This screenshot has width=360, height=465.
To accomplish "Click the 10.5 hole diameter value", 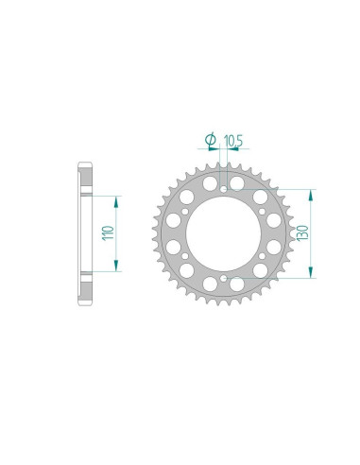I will [x=234, y=140].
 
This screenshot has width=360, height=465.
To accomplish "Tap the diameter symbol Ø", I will [x=211, y=140].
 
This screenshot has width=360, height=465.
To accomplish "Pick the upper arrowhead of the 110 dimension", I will [x=116, y=199].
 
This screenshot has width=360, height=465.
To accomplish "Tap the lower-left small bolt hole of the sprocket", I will [x=183, y=258].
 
